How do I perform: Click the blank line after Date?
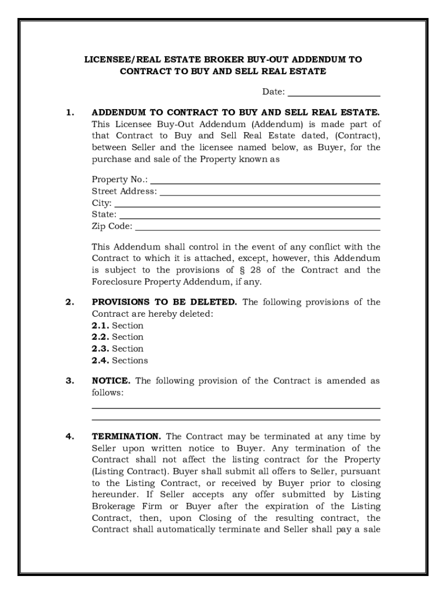coord(334,95)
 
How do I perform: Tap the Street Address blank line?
coord(270,194)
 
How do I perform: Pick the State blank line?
coord(250,218)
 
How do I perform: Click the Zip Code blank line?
coord(257,229)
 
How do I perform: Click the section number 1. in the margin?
coord(70,113)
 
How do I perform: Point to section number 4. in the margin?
coord(70,437)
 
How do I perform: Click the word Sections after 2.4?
coord(130,360)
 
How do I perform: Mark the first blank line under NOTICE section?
coord(236,408)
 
